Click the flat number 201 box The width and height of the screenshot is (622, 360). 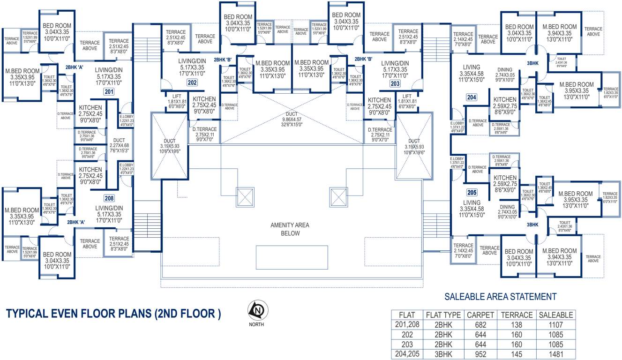click(x=109, y=92)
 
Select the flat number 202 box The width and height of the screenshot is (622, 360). click(x=192, y=83)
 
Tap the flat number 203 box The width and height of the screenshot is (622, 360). click(x=395, y=83)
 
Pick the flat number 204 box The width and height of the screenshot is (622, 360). click(x=472, y=97)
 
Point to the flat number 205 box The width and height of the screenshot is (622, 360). click(x=472, y=192)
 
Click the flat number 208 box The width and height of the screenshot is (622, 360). click(x=109, y=198)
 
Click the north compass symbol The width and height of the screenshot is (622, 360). click(x=256, y=310)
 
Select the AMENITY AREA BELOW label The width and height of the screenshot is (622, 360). click(x=290, y=229)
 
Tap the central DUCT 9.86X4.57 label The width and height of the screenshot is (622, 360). click(x=292, y=119)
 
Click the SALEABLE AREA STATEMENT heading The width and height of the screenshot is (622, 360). click(x=500, y=297)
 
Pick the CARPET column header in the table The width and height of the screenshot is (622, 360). click(x=480, y=315)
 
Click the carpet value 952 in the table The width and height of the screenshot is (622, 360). click(x=480, y=354)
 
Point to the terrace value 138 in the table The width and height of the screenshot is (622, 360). click(x=517, y=325)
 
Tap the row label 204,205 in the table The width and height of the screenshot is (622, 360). click(x=406, y=354)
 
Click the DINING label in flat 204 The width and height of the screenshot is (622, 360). click(x=505, y=70)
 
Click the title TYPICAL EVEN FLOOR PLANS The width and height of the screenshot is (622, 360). click(x=113, y=314)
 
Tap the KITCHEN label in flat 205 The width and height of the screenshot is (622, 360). click(x=505, y=178)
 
